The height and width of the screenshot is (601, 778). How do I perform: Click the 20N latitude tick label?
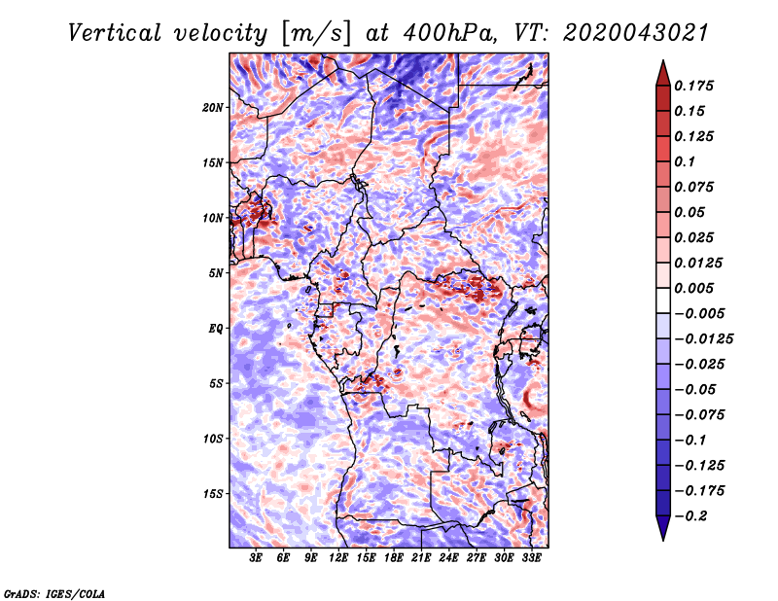coord(213,108)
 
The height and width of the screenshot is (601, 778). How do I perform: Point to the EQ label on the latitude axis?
coord(215,329)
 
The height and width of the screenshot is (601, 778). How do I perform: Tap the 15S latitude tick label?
coord(213,494)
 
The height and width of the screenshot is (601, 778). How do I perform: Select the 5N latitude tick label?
coord(216,273)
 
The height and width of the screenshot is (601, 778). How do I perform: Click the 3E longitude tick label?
coord(256,558)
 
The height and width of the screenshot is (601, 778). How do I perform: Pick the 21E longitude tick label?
coord(421,558)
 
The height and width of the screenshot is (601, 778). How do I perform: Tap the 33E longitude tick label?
coord(531,558)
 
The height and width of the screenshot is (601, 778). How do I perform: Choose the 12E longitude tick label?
coord(338,558)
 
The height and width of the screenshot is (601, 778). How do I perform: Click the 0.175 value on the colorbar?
coord(693,86)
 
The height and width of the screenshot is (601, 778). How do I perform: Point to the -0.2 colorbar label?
coord(691,516)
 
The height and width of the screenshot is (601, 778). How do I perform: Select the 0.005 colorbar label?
coord(693,288)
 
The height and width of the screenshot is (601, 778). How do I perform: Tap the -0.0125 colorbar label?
coord(703,339)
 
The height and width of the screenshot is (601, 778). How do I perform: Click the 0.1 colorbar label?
coord(685,161)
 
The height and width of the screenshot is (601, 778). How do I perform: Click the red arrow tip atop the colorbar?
coord(663,60)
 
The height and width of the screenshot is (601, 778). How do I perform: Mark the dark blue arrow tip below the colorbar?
coord(663,540)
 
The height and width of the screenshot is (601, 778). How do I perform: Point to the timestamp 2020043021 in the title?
coord(636,33)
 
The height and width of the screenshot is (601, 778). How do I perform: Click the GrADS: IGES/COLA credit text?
coord(54,594)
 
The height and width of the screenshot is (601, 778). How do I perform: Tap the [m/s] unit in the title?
coord(316,34)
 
